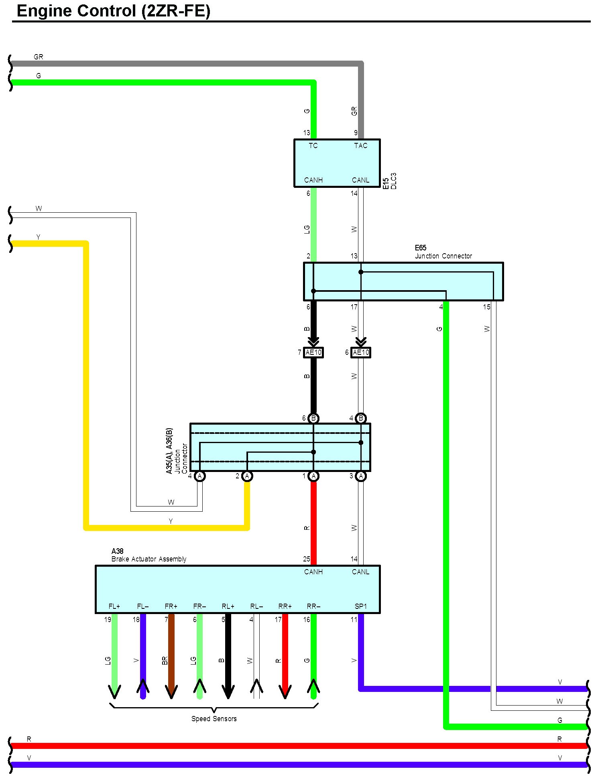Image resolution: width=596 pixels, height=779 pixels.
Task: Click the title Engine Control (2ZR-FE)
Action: coord(114,11)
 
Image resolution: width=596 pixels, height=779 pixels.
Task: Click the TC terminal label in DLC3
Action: coord(313,146)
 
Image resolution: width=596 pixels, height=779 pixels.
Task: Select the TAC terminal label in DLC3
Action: coord(360,146)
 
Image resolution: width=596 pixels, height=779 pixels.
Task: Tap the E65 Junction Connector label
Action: coord(443,252)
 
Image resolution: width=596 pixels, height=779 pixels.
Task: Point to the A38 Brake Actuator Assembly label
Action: coord(148,555)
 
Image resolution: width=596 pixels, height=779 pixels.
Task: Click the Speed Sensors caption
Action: coord(214,719)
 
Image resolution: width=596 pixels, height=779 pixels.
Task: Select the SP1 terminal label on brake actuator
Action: coord(360,606)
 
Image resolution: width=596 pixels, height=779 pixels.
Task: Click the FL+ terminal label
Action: coord(114,606)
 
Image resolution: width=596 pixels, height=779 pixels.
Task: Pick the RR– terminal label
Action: coord(313,606)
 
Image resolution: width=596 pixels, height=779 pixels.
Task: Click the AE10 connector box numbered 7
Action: coord(313,353)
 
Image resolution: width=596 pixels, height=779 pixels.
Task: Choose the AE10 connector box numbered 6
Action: coord(360,353)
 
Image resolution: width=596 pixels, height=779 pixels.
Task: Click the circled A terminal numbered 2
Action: coord(247,476)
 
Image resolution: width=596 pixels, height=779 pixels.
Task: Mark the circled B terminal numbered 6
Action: coord(313,419)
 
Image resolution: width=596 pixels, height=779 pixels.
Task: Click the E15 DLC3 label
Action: coord(389,181)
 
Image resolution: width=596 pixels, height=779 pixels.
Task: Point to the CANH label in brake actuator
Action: coord(313,572)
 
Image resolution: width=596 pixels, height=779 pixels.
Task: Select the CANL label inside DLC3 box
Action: coord(360,180)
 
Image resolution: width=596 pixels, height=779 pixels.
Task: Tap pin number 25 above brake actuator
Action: coord(307,559)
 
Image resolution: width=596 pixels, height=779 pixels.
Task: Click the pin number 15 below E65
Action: coord(486,307)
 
